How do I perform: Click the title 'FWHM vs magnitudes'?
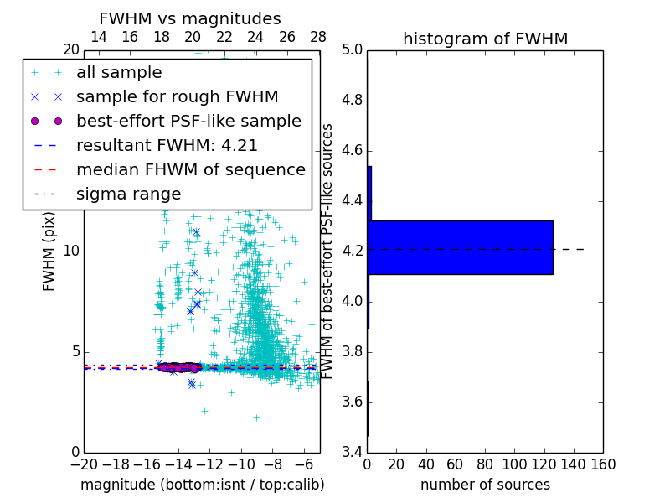coord(190,18)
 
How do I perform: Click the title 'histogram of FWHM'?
coord(485,39)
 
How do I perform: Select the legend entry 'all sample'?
coord(119,73)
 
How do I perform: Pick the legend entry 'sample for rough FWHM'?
coord(177,97)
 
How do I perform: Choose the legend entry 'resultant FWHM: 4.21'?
coord(167,146)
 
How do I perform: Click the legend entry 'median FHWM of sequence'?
coord(190,170)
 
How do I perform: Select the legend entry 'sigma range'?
coord(128,194)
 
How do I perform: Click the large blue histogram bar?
coord(460,247)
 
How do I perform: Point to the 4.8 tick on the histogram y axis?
coord(352,101)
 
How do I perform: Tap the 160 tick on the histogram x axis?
coord(603,464)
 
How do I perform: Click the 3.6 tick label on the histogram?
coord(352,402)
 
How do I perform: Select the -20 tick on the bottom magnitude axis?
coord(84,464)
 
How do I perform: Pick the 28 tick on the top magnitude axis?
coord(319,37)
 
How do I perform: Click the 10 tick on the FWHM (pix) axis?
coord(71,251)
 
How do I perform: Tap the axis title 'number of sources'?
coord(485,485)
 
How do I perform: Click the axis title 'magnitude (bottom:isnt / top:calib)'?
coord(202,485)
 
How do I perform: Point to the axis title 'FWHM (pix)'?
coord(49,251)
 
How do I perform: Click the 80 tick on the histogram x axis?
coord(485,464)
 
